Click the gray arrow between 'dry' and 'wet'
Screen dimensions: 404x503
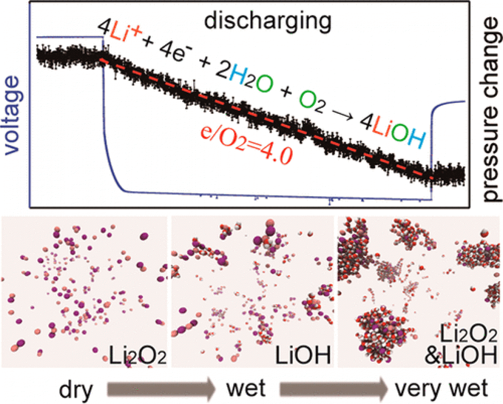pos(160,389)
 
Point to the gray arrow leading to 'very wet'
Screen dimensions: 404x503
pos(332,389)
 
